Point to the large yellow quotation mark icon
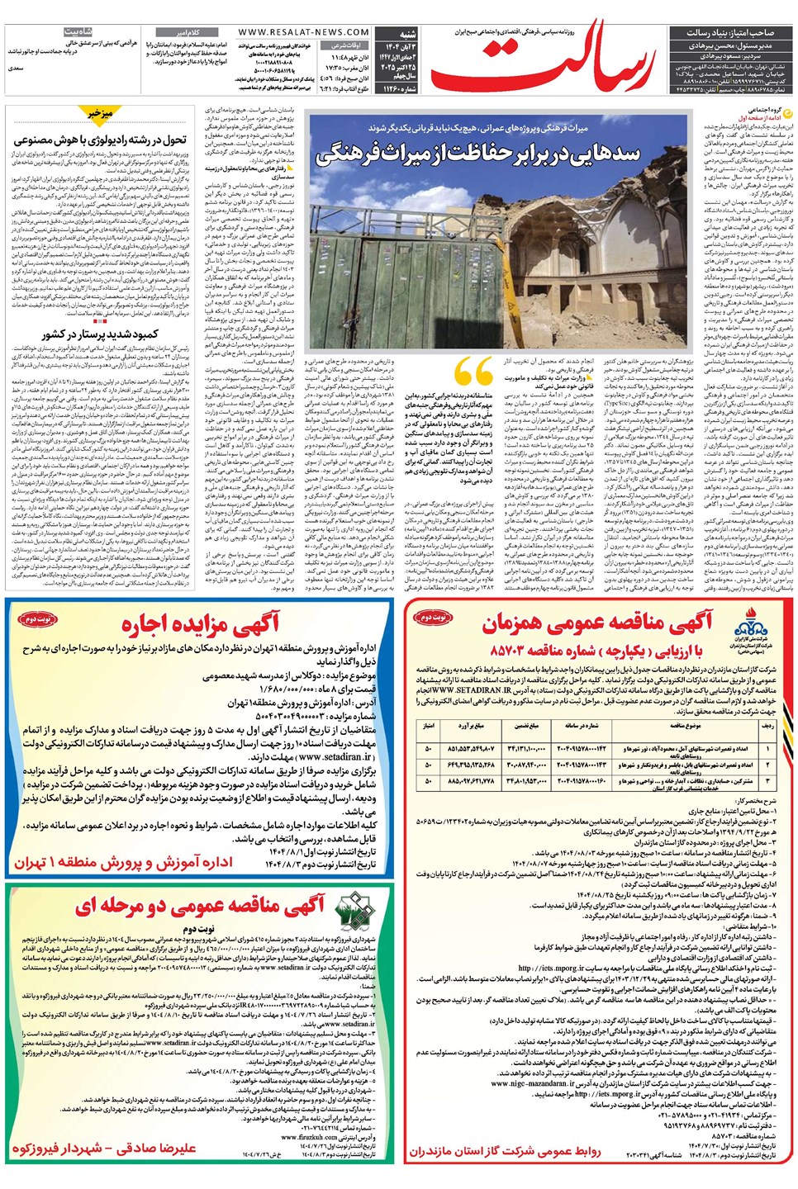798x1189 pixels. point(474,377)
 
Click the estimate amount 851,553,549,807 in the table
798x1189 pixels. point(471,748)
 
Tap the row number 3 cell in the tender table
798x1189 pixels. point(769,780)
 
